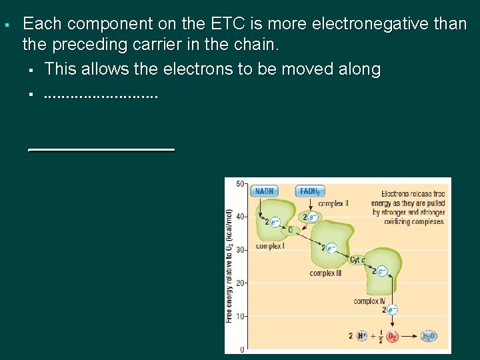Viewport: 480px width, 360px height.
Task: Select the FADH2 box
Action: click(309, 191)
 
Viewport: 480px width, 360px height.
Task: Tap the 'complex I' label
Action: click(270, 246)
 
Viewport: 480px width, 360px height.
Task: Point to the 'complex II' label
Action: click(333, 203)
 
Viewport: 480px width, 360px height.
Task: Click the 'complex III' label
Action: click(325, 273)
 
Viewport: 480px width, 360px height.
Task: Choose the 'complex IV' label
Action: click(369, 301)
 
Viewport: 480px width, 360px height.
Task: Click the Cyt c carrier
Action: click(358, 260)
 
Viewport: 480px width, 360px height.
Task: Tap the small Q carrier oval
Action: click(290, 230)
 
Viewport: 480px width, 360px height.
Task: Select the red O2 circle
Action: click(393, 336)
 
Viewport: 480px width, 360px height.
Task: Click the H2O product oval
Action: click(429, 336)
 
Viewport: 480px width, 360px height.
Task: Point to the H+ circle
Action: click(362, 336)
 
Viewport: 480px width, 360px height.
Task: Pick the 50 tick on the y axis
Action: click(241, 182)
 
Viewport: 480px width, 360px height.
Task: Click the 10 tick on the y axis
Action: click(241, 316)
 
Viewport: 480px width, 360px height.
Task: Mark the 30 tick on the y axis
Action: click(241, 249)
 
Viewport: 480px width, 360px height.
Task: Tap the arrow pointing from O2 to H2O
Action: click(409, 336)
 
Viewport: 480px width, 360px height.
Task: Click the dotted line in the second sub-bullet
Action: click(101, 95)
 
